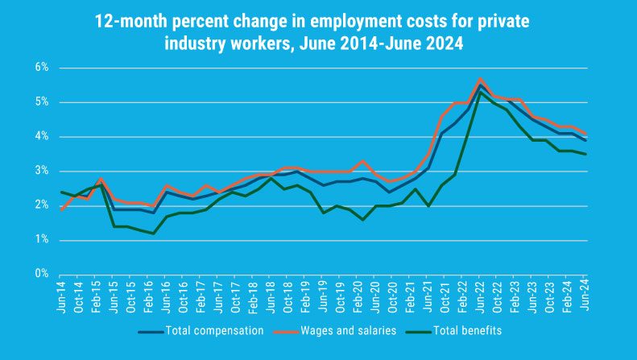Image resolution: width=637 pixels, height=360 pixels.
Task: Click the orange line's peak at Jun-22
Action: [481, 79]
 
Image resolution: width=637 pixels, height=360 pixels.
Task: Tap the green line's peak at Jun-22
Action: [481, 91]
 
